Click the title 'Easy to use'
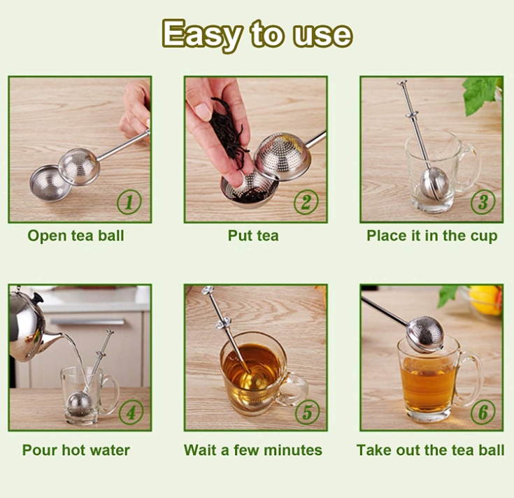coord(257,33)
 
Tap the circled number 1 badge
coord(129,202)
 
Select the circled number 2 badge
coord(305,202)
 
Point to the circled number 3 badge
coord(482,202)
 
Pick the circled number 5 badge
coord(306,411)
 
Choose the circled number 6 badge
coord(482,411)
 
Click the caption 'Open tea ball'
coord(76,236)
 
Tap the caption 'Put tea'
coord(253,236)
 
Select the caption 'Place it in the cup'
coord(431,236)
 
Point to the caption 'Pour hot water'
coord(76,450)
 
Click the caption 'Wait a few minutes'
coord(253,450)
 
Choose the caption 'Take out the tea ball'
coord(430,450)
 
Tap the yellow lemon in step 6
coord(485,299)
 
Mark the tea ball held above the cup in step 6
coord(424,334)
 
